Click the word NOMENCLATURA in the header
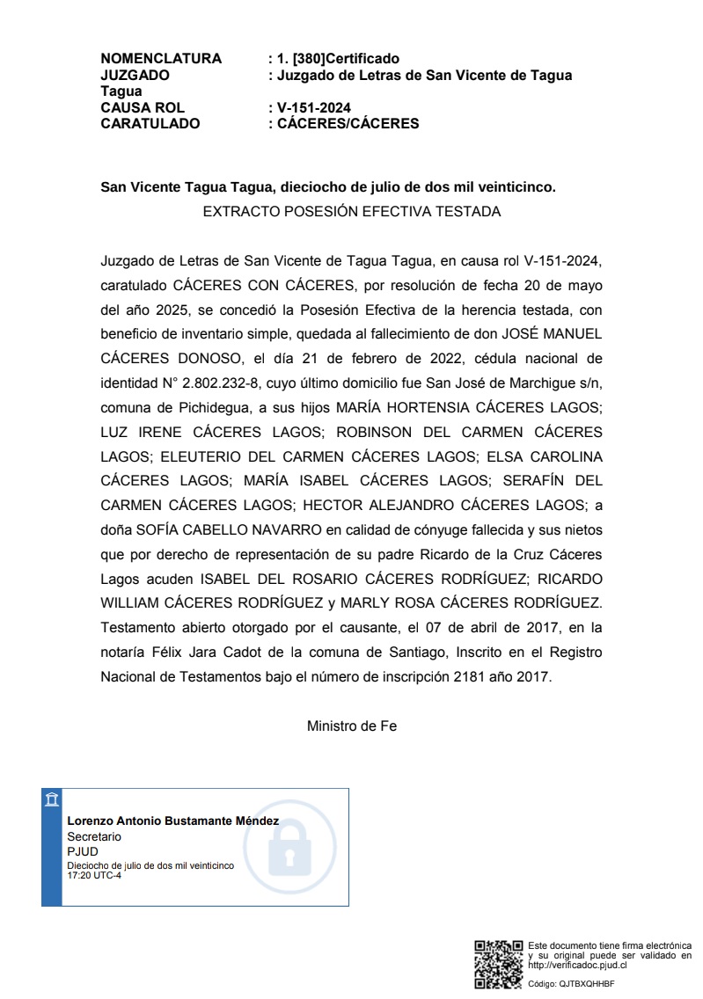[161, 59]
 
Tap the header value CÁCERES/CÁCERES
[348, 124]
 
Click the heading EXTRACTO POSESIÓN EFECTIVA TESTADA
[351, 212]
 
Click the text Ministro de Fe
[351, 726]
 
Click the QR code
[499, 965]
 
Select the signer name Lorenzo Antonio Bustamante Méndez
[173, 821]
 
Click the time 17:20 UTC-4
[94, 875]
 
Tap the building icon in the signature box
[52, 798]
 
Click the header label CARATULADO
[150, 124]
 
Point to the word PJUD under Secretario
[83, 852]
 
